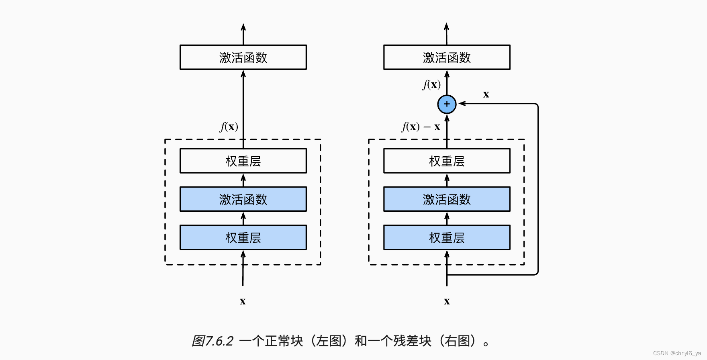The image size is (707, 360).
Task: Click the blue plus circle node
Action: (x=447, y=104)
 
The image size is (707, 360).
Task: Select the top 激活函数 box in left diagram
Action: (x=243, y=57)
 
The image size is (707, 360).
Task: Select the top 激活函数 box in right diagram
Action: (x=447, y=57)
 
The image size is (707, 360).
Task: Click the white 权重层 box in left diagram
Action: (x=243, y=161)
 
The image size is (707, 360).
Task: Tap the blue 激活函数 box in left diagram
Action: (x=243, y=199)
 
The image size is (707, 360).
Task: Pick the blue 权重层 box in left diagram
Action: (x=243, y=237)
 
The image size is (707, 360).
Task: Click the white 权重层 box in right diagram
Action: (x=447, y=161)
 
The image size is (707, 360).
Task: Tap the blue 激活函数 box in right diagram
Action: (x=447, y=199)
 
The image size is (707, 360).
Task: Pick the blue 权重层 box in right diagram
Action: (x=447, y=237)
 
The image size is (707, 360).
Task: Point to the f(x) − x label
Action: (x=421, y=127)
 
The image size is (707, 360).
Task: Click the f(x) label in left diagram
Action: (x=229, y=127)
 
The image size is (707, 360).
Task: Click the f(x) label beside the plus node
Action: (x=432, y=85)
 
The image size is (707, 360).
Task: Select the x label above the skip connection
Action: (x=486, y=95)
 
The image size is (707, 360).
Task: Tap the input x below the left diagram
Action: (x=243, y=301)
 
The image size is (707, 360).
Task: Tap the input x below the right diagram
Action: (x=447, y=301)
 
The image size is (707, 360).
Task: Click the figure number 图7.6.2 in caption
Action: (x=213, y=341)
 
